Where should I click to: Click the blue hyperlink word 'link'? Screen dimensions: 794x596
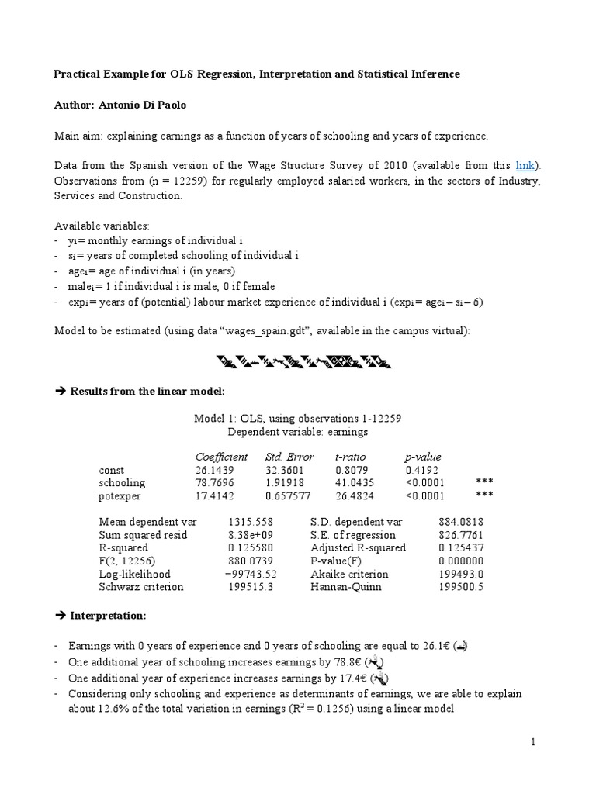point(526,165)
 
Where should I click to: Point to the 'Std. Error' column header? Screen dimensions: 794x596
point(289,457)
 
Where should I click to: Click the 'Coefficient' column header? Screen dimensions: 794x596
point(221,457)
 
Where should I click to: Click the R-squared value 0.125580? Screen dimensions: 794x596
point(251,547)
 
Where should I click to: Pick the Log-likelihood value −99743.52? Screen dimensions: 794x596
point(251,574)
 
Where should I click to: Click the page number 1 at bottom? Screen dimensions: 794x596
point(534,742)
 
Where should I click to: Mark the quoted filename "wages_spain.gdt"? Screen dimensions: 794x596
point(266,330)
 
